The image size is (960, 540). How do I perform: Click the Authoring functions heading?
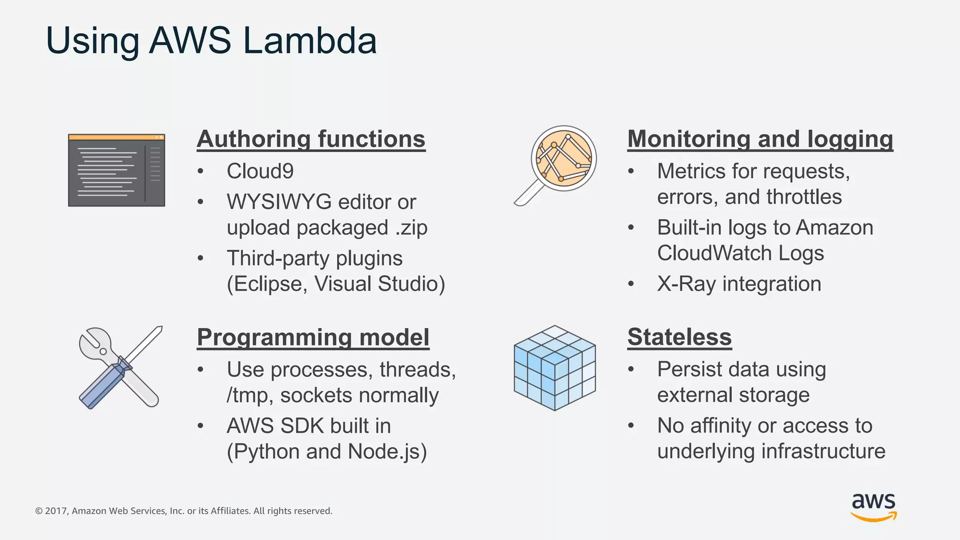(x=311, y=139)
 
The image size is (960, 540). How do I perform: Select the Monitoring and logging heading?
(x=760, y=139)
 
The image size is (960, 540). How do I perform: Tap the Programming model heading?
(x=313, y=337)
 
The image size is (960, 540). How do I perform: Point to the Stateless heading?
(x=679, y=337)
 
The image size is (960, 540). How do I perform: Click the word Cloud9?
(x=260, y=171)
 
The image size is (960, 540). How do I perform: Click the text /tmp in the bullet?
(x=248, y=396)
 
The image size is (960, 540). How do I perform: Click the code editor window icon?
(x=116, y=170)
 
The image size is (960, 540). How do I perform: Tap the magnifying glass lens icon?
(x=563, y=158)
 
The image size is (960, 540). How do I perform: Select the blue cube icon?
(x=555, y=368)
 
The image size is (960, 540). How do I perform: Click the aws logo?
(x=873, y=506)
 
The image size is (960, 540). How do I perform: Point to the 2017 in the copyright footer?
(x=56, y=511)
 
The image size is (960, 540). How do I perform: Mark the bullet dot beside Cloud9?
(x=201, y=171)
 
